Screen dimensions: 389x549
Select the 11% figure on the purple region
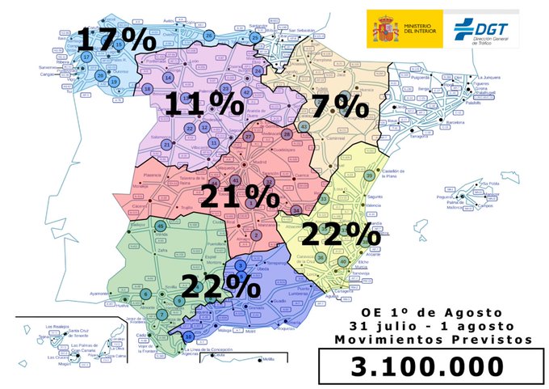[x=204, y=104]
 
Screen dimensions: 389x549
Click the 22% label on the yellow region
[x=341, y=235]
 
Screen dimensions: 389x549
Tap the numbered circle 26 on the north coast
[x=209, y=36]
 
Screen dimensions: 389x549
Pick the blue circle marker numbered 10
[x=189, y=336]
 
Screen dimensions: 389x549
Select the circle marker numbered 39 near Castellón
[x=369, y=175]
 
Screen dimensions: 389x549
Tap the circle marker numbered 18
[x=148, y=88]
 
